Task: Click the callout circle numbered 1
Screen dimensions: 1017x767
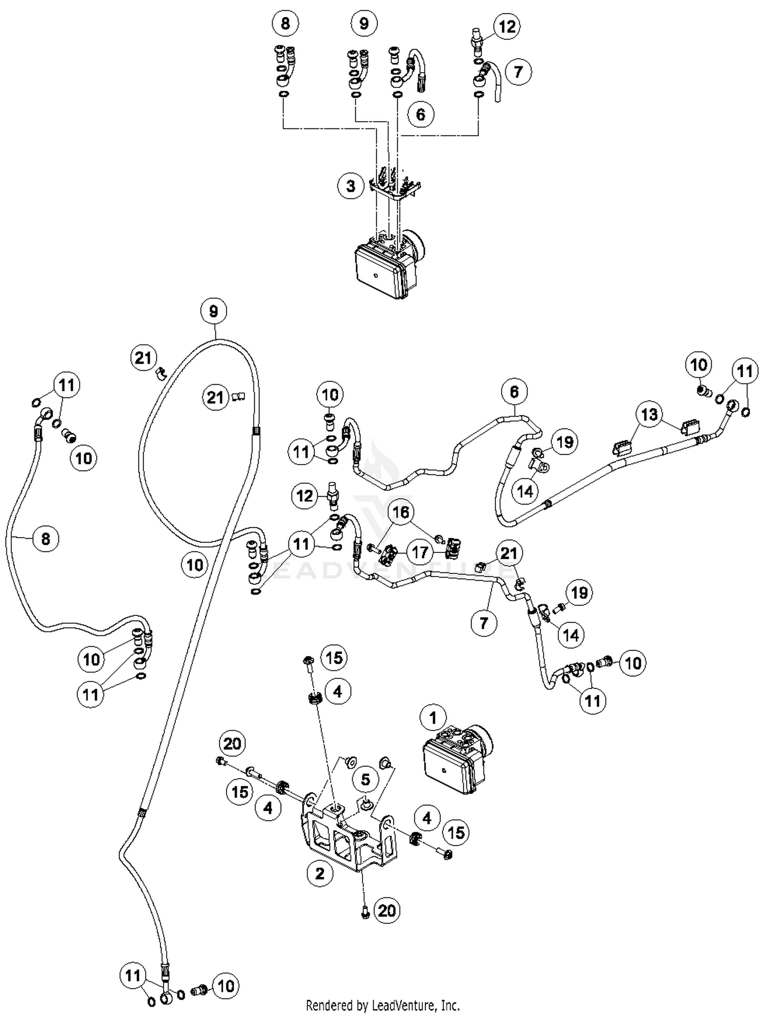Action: [433, 718]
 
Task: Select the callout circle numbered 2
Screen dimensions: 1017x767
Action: [320, 873]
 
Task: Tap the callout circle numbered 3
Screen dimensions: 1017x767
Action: [350, 185]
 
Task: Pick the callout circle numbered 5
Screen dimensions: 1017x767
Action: [365, 780]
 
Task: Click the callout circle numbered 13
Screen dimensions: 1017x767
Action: [649, 414]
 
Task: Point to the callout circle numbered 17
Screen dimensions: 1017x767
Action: [420, 552]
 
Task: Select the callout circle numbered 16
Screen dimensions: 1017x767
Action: [401, 512]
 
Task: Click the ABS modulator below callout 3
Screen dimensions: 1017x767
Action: [389, 266]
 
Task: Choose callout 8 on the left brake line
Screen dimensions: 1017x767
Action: [46, 538]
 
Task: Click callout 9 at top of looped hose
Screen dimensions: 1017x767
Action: [213, 311]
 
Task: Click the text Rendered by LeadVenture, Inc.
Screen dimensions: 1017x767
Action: [382, 1006]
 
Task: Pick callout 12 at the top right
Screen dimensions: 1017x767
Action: [507, 26]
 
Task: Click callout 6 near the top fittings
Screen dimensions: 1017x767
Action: [420, 114]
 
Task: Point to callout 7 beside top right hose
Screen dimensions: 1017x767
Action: [518, 71]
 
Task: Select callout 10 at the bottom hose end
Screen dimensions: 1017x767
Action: [226, 986]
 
